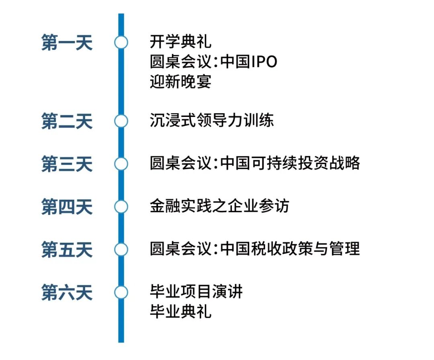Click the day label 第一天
pyautogui.click(x=67, y=43)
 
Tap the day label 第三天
pyautogui.click(x=67, y=164)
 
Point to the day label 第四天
pyautogui.click(x=67, y=207)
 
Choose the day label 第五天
pyautogui.click(x=67, y=250)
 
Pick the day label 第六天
pyautogui.click(x=67, y=292)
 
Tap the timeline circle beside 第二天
pyautogui.click(x=121, y=121)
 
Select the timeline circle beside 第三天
pyautogui.click(x=121, y=164)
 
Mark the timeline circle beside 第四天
pyautogui.click(x=121, y=207)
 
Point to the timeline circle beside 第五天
pyautogui.click(x=121, y=250)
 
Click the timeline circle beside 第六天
pyautogui.click(x=121, y=292)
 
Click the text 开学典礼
pyautogui.click(x=180, y=41)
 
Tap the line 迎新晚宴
pyautogui.click(x=180, y=82)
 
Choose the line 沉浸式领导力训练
pyautogui.click(x=211, y=121)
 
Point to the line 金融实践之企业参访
pyautogui.click(x=219, y=207)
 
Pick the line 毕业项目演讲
pyautogui.click(x=196, y=292)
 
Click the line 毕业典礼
pyautogui.click(x=180, y=312)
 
